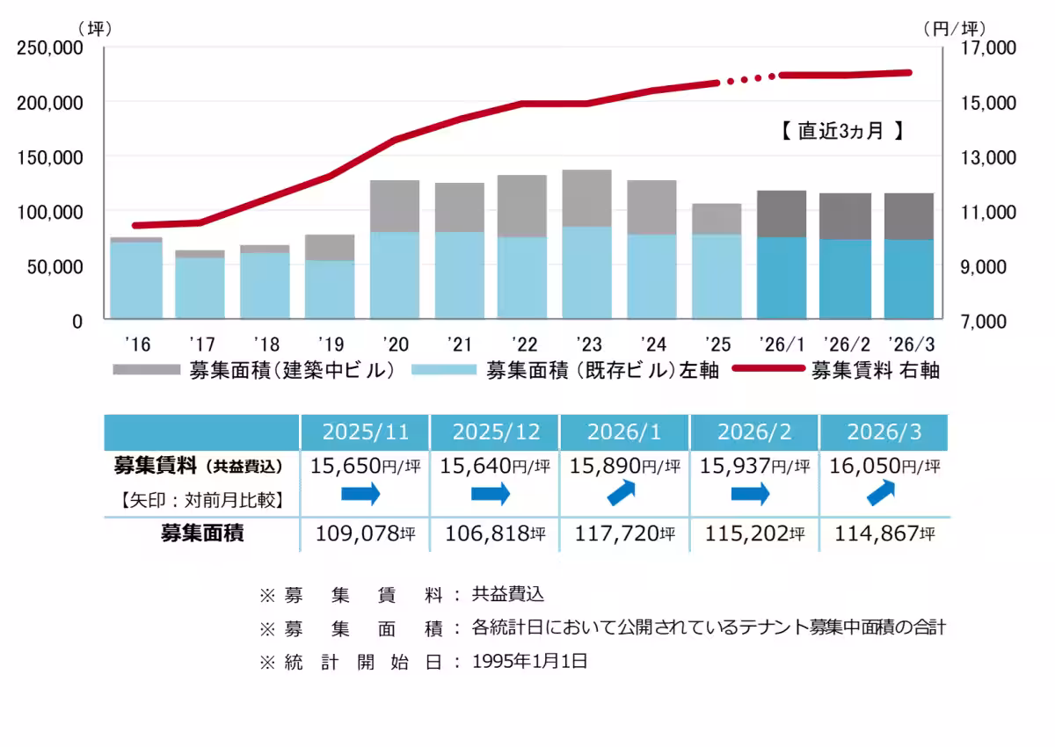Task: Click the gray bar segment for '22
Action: pyautogui.click(x=522, y=206)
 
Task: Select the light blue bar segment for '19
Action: pyautogui.click(x=330, y=289)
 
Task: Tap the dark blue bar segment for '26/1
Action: pyautogui.click(x=782, y=278)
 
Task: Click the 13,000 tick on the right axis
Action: pyautogui.click(x=971, y=157)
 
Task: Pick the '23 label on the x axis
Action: pyautogui.click(x=587, y=342)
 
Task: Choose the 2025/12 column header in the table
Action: pyautogui.click(x=495, y=432)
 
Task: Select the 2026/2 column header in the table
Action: pyautogui.click(x=755, y=432)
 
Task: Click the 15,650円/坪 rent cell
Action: pyautogui.click(x=365, y=466)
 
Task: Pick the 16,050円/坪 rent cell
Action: pyautogui.click(x=884, y=466)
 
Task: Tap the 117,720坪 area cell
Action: pyautogui.click(x=625, y=533)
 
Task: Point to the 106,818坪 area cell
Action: pyautogui.click(x=495, y=533)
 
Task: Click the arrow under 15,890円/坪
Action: pyautogui.click(x=625, y=494)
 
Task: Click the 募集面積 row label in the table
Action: pyautogui.click(x=201, y=533)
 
